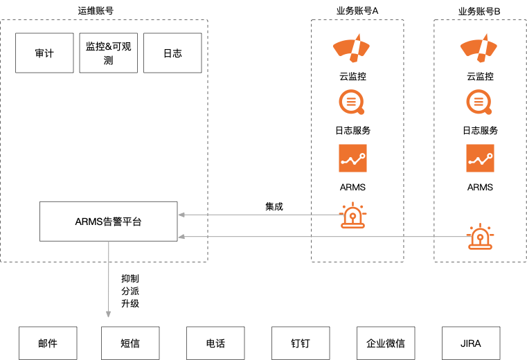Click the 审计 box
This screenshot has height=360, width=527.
[x=44, y=53]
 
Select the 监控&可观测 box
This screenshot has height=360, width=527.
[x=109, y=53]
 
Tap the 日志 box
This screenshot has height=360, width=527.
[x=172, y=53]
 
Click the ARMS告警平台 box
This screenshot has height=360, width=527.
[x=108, y=222]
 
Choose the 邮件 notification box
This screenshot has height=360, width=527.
[x=48, y=343]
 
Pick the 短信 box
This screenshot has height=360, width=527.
[x=130, y=343]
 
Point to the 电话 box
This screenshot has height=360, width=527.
[x=215, y=343]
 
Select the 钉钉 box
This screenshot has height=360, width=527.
[x=301, y=343]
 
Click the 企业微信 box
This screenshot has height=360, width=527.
[x=386, y=343]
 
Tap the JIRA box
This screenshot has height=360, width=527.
[x=471, y=343]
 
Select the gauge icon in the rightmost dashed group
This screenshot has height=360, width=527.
[x=479, y=48]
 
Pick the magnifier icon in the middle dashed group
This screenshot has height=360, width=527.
[x=352, y=102]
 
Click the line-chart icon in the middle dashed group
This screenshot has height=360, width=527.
[x=352, y=158]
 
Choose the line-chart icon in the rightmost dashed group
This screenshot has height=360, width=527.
[x=480, y=158]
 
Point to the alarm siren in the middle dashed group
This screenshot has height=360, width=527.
[x=353, y=215]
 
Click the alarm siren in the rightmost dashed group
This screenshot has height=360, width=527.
[x=480, y=237]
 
